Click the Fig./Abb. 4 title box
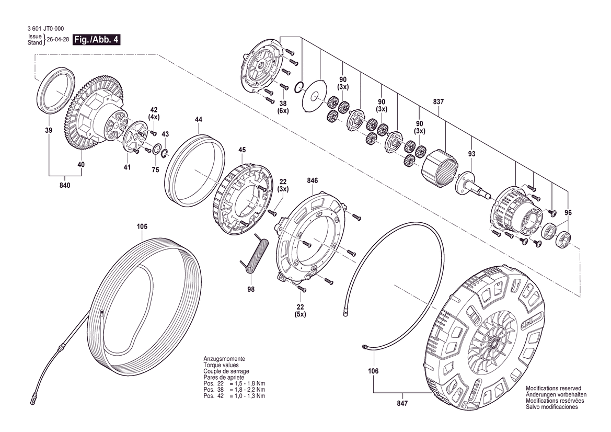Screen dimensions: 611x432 click(x=96, y=40)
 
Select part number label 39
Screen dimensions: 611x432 click(x=49, y=130)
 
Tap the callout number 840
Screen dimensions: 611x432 click(x=65, y=185)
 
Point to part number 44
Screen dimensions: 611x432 click(x=199, y=120)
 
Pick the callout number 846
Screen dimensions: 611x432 click(x=313, y=180)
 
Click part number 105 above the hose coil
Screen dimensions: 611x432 click(x=142, y=226)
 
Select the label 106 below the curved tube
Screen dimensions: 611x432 click(x=373, y=371)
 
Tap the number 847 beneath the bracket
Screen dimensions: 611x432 click(x=402, y=404)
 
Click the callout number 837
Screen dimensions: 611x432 click(x=438, y=102)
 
